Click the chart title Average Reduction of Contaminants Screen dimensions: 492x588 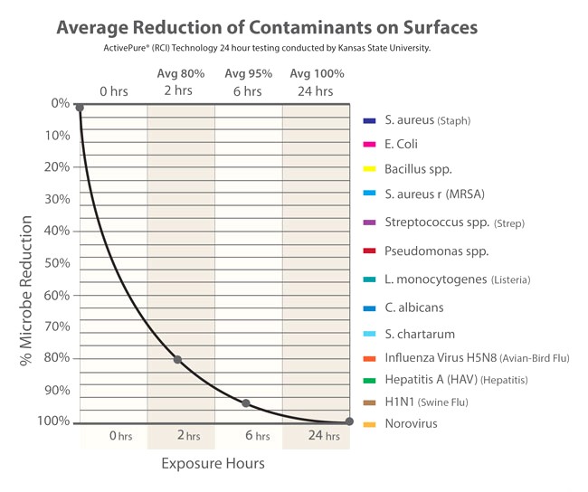tap(267, 28)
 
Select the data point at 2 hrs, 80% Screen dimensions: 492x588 tap(177, 360)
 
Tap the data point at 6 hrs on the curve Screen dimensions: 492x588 tap(246, 403)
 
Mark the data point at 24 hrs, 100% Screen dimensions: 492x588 tap(349, 422)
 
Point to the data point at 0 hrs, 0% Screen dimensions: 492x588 tap(80, 108)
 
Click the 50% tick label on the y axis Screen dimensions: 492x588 tap(57, 263)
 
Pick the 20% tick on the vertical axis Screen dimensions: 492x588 tap(57, 167)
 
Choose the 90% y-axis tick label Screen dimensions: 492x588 tap(57, 391)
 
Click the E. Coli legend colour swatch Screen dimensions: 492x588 tap(369, 145)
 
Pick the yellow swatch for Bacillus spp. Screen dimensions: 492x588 tap(369, 168)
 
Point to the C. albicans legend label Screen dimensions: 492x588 tap(414, 308)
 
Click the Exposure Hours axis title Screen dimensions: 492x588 tap(213, 464)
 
